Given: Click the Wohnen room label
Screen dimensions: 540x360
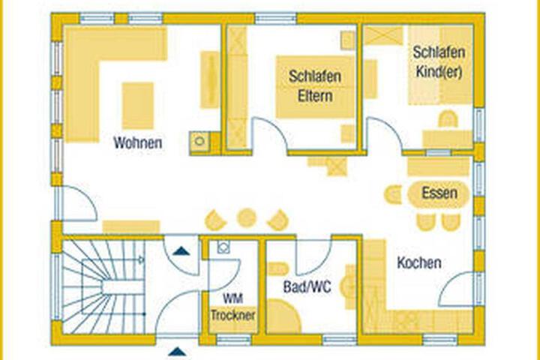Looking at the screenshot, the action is pos(138,142).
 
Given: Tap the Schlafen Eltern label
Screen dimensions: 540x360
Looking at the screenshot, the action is pos(315,85).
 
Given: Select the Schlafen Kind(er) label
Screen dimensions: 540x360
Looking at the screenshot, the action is pos(439,62).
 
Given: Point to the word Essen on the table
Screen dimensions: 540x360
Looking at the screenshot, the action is pos(439,193).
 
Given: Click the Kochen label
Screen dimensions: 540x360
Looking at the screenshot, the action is pos(419,262).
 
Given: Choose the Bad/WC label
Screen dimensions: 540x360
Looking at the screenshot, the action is pos(307,286).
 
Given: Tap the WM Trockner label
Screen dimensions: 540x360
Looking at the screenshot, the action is pos(232,307).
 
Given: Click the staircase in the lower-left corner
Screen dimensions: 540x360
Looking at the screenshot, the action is pos(103,286).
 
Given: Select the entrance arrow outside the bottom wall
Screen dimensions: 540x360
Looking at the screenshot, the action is pos(178,352).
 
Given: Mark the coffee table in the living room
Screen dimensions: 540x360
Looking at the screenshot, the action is pos(138,106).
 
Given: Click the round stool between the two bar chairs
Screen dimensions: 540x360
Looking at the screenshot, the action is pos(247,218).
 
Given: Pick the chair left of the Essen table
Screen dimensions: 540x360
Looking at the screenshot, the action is pos(393,195).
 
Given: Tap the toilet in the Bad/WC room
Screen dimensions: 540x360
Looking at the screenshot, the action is pos(278,268).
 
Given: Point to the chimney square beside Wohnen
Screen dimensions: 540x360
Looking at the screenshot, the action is pos(199,140).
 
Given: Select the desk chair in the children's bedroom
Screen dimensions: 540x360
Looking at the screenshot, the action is pos(448,118).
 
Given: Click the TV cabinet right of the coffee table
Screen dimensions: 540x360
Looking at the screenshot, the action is pos(210,79).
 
